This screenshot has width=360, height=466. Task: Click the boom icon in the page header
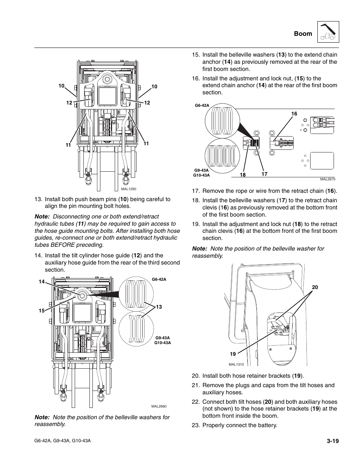coord(328,32)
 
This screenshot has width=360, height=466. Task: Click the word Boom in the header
coord(303,34)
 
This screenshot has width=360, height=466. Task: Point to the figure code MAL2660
coord(159,406)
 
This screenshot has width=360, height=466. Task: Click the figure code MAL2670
coord(327,180)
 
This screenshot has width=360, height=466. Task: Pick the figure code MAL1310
coord(236,364)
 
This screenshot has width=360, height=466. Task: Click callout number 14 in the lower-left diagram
coord(41,281)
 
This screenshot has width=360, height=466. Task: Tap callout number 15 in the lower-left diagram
coord(42,311)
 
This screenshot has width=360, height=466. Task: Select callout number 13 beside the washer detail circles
coord(159,307)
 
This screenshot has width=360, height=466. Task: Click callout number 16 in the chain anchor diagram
coord(294,114)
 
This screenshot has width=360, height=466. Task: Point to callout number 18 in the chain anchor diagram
coord(243,175)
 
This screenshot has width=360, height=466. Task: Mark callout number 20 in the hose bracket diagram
coord(315,288)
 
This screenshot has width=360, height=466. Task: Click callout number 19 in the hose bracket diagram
coord(233,354)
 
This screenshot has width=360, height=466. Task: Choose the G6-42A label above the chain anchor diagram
coord(202,106)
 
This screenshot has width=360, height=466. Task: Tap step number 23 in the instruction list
coord(195,425)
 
